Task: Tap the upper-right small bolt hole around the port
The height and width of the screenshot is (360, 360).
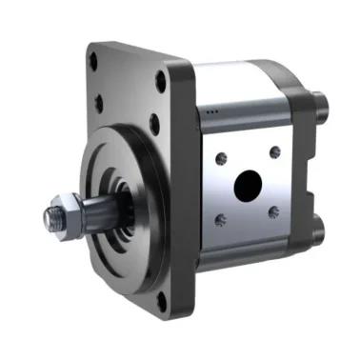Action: pyautogui.click(x=274, y=151)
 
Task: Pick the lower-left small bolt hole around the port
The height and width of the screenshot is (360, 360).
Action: pyautogui.click(x=221, y=220)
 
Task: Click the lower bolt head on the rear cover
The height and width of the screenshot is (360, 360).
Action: pyautogui.click(x=316, y=230)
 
